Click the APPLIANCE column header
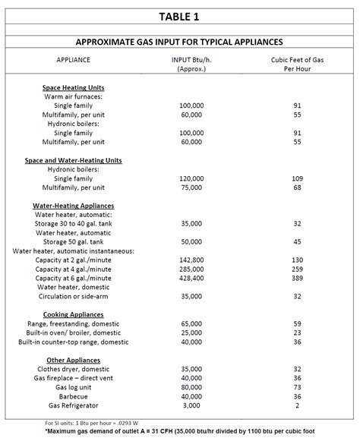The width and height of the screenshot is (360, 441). tap(74, 58)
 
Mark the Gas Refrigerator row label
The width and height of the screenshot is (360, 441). tap(74, 405)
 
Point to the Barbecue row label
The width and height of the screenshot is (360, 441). tap(74, 395)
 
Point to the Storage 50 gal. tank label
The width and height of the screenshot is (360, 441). tap(74, 241)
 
